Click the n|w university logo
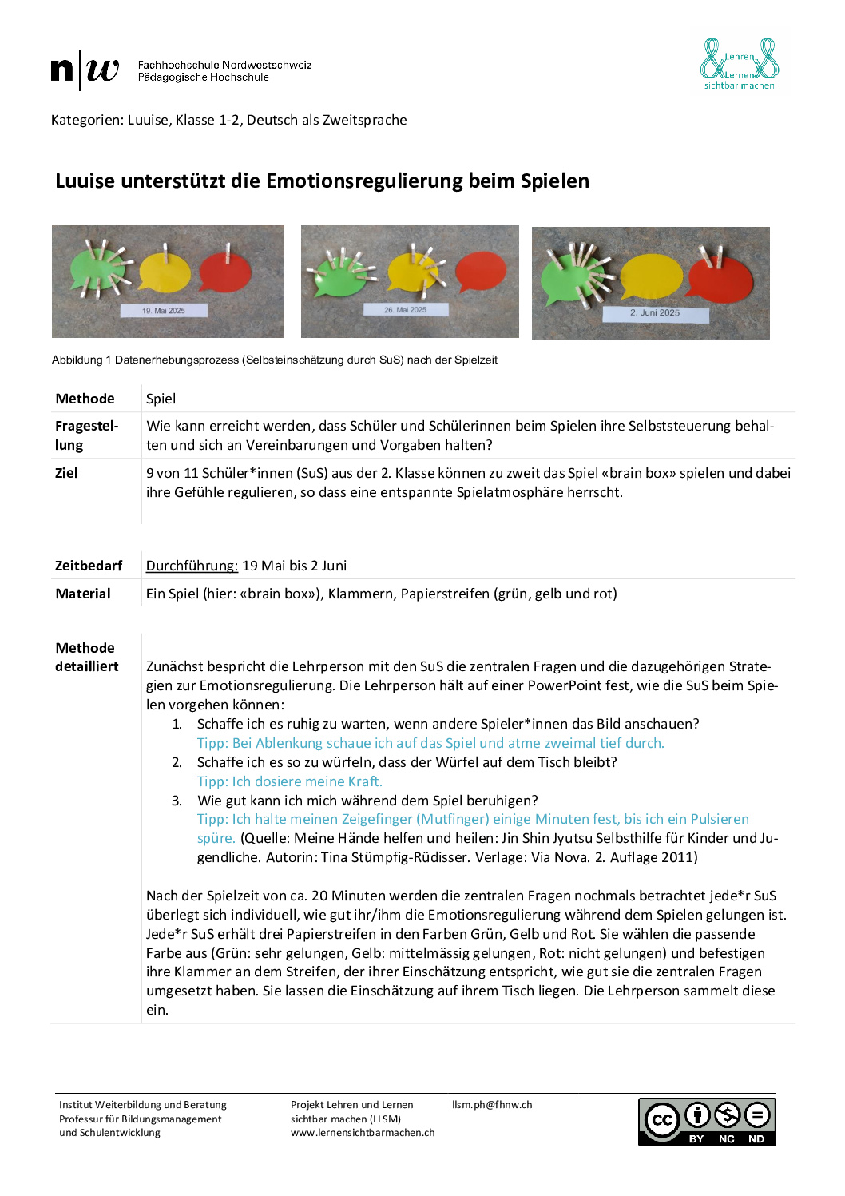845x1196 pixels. click(85, 70)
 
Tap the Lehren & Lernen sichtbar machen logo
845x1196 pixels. click(739, 64)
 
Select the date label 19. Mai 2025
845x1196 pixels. click(164, 311)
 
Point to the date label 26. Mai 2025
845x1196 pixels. click(405, 309)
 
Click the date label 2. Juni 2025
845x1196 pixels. click(655, 313)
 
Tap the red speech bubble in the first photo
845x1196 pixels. click(225, 272)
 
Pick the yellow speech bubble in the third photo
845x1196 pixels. click(652, 276)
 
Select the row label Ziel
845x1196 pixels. click(66, 473)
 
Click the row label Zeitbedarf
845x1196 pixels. click(89, 566)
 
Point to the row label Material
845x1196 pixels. click(83, 594)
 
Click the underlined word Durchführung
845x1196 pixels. click(192, 566)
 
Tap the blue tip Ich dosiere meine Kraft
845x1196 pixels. click(290, 781)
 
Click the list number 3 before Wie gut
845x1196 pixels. click(177, 801)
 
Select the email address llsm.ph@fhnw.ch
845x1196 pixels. click(492, 1105)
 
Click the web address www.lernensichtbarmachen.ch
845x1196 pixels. click(363, 1133)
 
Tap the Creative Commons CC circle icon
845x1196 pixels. click(662, 1119)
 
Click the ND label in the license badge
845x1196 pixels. click(756, 1139)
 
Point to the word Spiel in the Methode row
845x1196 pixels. click(161, 399)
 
